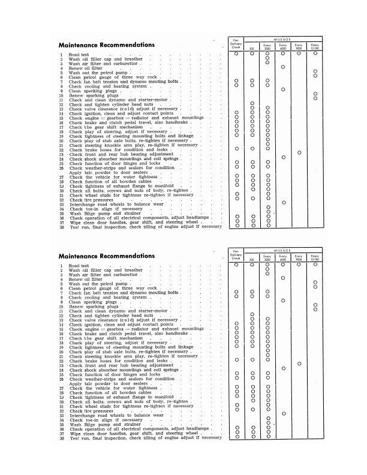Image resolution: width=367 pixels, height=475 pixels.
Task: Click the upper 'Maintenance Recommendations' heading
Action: pos(106,45)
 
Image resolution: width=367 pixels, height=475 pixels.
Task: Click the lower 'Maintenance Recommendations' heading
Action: pos(106,255)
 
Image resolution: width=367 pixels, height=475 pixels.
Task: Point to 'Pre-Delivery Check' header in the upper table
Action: pos(236,43)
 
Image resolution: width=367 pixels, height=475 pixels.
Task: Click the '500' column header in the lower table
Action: pos(252,257)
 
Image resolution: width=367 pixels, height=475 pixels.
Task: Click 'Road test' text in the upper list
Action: pos(79,55)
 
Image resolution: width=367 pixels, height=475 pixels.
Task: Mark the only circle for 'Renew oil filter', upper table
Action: pos(283,67)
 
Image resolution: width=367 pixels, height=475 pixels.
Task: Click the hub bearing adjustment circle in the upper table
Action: pos(299,153)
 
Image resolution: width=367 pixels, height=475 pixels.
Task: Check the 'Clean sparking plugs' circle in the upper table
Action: pos(283,89)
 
